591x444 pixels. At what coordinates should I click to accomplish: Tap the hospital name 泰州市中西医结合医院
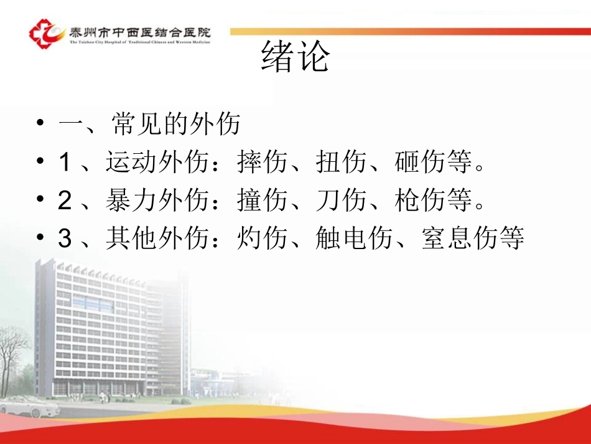141,31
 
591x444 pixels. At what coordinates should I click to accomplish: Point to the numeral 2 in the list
65,201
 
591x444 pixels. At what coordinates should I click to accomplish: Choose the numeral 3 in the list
65,239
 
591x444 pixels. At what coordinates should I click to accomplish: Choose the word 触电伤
354,239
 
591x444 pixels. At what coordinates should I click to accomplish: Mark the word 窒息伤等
473,239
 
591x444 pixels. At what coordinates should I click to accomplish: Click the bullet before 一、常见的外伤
40,125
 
